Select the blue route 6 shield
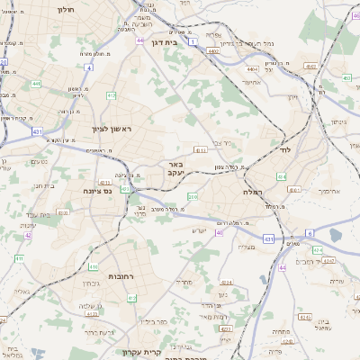[x=309, y=232]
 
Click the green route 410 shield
[x=94, y=266]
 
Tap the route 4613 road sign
[x=200, y=150]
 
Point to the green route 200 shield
[x=192, y=196]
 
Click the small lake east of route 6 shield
[x=335, y=236]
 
